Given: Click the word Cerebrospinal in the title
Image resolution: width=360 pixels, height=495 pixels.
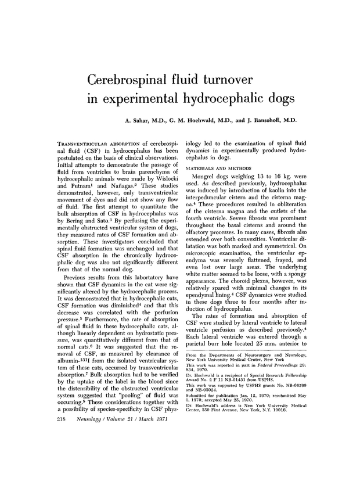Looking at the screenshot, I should click(137, 78).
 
